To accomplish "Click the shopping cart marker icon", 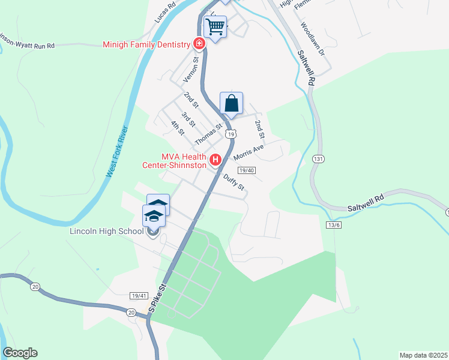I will tap(215, 27).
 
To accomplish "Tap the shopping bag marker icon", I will tap(231, 104).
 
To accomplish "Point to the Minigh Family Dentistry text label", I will tap(146, 44).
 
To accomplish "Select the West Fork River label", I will tap(117, 151).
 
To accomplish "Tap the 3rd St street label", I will tap(188, 119).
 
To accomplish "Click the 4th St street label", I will tap(176, 128).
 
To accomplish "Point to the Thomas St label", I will tap(208, 134).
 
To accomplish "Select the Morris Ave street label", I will tap(249, 152).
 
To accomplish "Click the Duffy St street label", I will tap(234, 182).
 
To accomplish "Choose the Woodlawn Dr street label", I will tap(312, 40).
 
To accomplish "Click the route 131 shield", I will tap(318, 158).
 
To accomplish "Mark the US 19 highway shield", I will tap(231, 134).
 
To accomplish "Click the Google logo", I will tap(20, 353).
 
